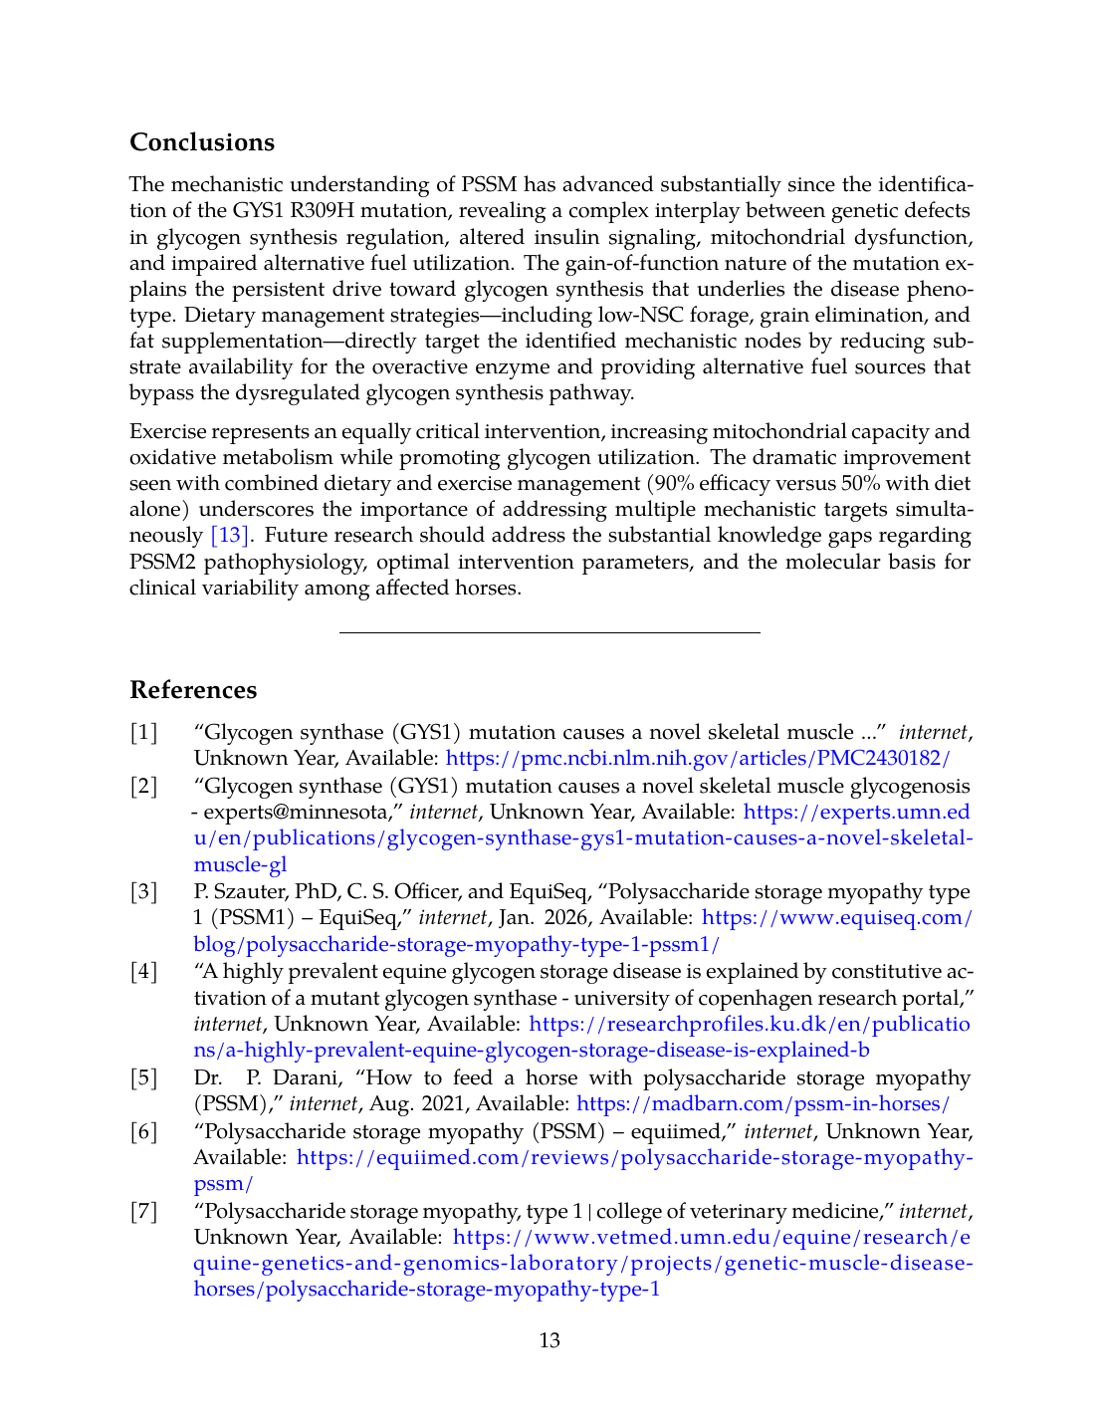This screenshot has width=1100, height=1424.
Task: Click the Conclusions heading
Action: (x=202, y=142)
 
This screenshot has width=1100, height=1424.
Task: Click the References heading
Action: (x=193, y=690)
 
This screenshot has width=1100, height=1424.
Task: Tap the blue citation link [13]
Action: (x=229, y=536)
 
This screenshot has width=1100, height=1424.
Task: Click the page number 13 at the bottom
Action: (x=550, y=1340)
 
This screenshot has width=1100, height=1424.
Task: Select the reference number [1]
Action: (x=144, y=733)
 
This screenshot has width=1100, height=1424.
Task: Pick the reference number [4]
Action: (x=144, y=972)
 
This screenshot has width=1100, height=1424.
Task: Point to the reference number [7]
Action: (x=144, y=1212)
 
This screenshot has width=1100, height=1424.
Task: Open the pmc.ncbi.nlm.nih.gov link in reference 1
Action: (x=698, y=759)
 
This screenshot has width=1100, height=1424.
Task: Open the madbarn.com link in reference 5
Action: (x=763, y=1104)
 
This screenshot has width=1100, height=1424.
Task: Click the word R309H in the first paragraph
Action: (x=327, y=211)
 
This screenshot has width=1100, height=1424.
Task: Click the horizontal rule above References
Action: (x=550, y=632)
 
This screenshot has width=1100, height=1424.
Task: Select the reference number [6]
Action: (x=144, y=1132)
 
